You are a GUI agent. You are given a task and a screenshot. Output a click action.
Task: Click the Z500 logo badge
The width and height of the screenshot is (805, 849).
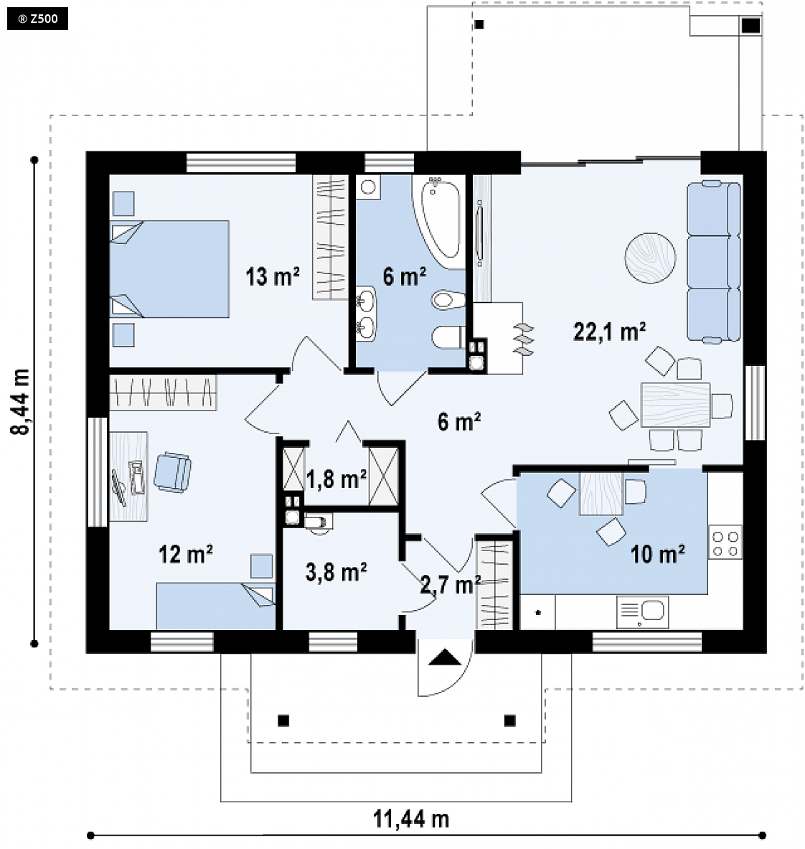(x=37, y=19)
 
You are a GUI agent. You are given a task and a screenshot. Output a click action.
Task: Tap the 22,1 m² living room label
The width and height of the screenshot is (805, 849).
(x=609, y=331)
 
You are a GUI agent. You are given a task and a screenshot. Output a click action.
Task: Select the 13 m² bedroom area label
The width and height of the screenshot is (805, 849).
(x=273, y=276)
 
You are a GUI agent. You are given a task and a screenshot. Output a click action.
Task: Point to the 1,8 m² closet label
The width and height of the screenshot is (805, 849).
(x=336, y=479)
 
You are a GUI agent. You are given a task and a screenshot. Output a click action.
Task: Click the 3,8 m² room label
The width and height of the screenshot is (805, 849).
(x=336, y=572)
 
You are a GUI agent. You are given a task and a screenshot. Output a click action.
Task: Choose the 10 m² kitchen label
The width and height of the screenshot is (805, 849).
(x=658, y=554)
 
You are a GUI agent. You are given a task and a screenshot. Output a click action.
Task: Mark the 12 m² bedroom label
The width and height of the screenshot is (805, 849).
(x=185, y=554)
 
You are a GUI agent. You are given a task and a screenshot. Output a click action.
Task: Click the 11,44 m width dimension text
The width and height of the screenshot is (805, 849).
(x=411, y=820)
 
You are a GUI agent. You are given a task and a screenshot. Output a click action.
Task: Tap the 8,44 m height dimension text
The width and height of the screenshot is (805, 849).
(x=21, y=401)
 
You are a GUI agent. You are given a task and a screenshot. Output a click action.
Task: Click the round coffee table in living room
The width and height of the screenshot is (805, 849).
(x=650, y=258)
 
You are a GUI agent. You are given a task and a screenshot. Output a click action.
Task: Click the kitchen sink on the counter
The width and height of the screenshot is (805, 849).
(x=643, y=612)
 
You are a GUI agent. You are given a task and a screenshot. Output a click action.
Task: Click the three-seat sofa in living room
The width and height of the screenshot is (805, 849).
(x=713, y=262)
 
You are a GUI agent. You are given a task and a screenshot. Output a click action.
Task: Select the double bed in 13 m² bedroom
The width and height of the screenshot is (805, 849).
(x=169, y=268)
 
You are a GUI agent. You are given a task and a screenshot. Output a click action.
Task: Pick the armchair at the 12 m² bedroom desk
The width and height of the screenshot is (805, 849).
(x=172, y=472)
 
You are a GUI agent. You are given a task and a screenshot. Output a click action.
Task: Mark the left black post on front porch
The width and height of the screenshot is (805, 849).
(x=283, y=721)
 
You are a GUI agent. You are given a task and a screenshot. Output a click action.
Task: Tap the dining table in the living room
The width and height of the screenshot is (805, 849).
(x=675, y=405)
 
